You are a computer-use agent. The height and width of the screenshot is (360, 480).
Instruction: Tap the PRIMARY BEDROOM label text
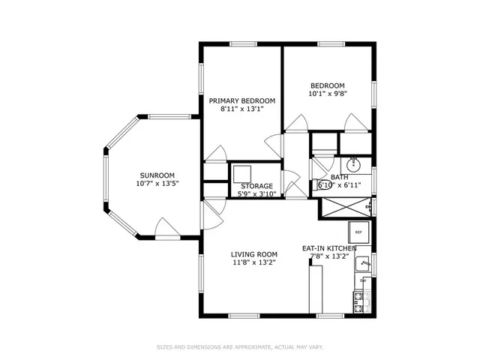pos(241,100)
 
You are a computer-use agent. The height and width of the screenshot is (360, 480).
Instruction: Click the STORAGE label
pos(256,186)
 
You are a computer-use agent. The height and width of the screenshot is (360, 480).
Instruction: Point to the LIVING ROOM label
pos(253,253)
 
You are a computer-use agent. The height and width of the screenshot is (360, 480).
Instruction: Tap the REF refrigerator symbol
pos(358,232)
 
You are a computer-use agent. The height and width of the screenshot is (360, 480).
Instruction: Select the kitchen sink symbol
pos(363,263)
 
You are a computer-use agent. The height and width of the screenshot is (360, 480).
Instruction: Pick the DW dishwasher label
pos(363,280)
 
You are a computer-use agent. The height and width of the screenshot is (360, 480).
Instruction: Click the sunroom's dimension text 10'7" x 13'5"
pos(157,183)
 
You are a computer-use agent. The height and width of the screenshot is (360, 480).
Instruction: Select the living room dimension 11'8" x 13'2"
pos(253,262)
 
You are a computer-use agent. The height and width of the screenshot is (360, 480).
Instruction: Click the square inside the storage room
pos(242,173)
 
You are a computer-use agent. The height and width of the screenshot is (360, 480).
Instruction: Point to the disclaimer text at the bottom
pos(239,347)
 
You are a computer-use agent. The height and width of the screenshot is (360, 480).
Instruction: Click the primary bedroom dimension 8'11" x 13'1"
pos(241,109)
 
